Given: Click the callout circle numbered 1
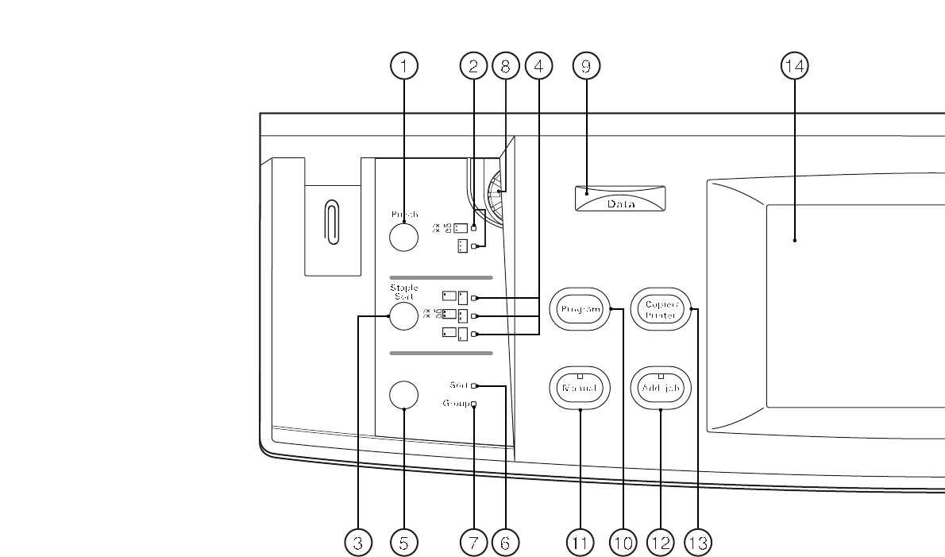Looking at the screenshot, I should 404,68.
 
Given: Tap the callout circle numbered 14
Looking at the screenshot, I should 793,68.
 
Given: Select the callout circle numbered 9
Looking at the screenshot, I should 586,68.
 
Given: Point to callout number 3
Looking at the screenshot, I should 358,543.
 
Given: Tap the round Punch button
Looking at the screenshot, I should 403,236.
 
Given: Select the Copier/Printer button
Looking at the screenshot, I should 661,309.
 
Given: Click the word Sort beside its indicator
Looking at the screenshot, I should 458,385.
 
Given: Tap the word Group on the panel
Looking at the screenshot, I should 456,404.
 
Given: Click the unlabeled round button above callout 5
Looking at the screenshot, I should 403,394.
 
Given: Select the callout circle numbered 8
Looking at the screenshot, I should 505,68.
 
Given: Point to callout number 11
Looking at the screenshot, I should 580,543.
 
